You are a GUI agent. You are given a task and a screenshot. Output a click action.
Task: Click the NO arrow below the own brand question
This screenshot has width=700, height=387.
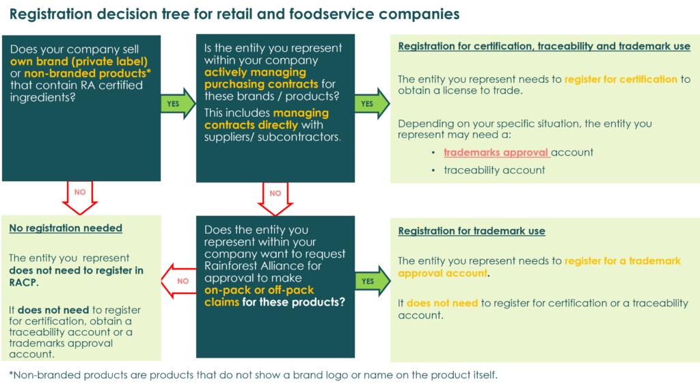(x=81, y=197)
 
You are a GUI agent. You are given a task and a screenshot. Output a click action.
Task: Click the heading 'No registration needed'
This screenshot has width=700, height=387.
(x=66, y=228)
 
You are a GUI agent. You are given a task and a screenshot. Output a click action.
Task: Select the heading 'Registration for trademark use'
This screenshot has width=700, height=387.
(x=472, y=231)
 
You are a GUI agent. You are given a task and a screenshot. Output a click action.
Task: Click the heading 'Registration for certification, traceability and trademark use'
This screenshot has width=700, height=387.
(x=544, y=46)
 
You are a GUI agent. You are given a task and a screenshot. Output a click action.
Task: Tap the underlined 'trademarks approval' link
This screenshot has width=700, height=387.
(x=497, y=152)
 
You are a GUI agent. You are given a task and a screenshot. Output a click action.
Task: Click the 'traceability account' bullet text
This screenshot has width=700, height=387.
(x=494, y=170)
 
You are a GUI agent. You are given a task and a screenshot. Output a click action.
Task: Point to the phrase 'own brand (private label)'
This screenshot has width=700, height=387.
(x=79, y=61)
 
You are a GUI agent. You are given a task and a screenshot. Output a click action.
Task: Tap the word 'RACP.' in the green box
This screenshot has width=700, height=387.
(x=24, y=282)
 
